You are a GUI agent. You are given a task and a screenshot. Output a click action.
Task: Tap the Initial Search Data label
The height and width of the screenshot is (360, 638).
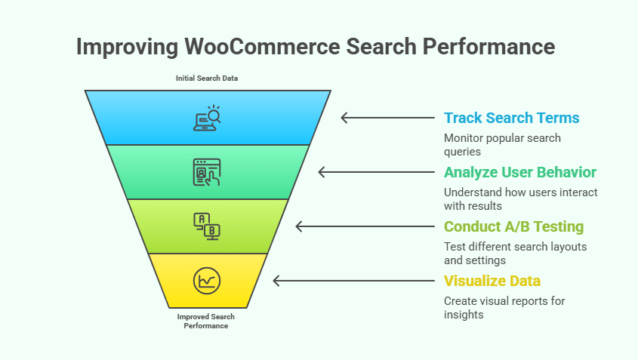pos(207,78)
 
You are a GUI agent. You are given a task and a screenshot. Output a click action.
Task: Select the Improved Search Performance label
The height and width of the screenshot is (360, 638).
pos(206,321)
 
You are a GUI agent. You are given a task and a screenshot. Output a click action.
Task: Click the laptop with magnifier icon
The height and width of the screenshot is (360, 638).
pos(207,118)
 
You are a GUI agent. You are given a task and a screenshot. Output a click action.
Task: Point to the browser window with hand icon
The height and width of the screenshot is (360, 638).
pos(207,172)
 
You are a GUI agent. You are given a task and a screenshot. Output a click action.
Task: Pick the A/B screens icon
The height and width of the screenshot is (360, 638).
pos(207,226)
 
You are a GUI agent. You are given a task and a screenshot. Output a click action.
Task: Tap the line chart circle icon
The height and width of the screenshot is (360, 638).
pos(206,280)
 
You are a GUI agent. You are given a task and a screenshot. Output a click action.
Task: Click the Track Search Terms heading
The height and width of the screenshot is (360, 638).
pos(511,118)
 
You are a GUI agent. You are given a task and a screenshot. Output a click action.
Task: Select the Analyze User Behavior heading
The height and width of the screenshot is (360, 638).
pos(519,172)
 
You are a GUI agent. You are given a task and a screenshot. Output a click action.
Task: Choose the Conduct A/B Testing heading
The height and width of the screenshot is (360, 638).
pos(513,226)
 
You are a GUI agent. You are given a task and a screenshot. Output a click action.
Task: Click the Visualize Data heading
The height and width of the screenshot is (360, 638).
pos(492,281)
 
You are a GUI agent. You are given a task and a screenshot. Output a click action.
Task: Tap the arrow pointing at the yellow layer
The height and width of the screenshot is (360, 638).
pos(351,281)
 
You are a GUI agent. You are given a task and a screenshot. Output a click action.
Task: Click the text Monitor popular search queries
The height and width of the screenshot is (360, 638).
pos(501,144)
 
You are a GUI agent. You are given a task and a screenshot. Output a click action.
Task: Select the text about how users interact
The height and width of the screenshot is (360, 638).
pos(520,198)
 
